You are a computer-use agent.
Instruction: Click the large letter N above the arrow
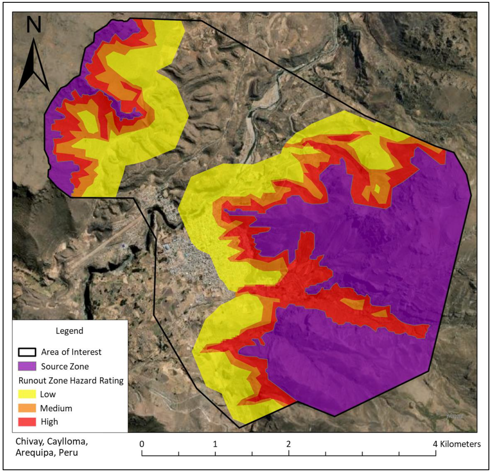(34, 25)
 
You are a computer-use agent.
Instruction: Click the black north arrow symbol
(33, 65)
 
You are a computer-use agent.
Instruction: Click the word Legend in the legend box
(69, 331)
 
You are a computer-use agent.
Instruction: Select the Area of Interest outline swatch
(27, 352)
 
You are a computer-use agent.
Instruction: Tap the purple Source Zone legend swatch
(27, 366)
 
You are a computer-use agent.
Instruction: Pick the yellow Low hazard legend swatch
(27, 394)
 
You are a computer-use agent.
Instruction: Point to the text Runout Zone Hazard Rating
(71, 380)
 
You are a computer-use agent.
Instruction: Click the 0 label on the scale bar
(142, 444)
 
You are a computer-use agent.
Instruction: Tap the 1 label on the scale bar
(215, 444)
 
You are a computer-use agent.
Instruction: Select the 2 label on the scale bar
(288, 444)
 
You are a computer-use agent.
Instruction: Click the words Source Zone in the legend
(65, 366)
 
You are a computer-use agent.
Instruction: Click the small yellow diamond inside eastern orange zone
(377, 188)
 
